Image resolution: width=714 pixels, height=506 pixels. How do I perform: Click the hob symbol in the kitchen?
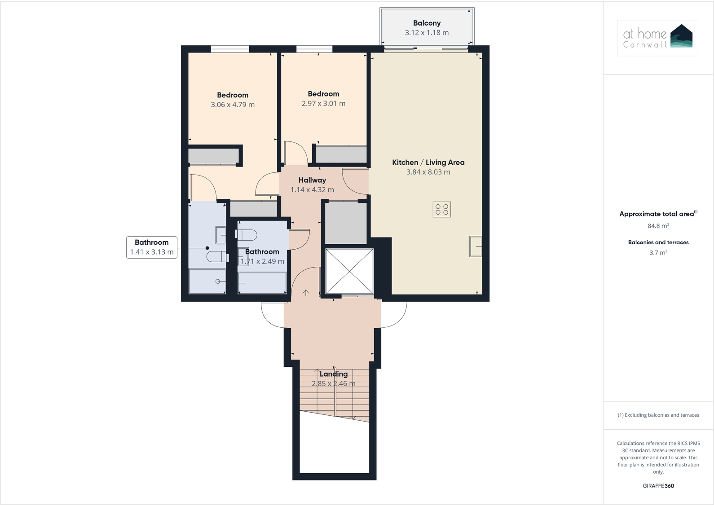pyautogui.click(x=441, y=210)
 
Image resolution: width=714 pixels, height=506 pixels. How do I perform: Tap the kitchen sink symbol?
pyautogui.click(x=476, y=246)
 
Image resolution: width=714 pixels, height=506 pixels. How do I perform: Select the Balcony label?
pyautogui.click(x=427, y=23)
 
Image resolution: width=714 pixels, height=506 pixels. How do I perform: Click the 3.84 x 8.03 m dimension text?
pyautogui.click(x=428, y=172)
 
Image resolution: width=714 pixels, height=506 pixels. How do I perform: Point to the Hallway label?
pyautogui.click(x=312, y=180)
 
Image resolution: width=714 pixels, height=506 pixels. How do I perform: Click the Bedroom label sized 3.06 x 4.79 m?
pyautogui.click(x=233, y=95)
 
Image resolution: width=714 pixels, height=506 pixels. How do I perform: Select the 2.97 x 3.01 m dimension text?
pyautogui.click(x=323, y=103)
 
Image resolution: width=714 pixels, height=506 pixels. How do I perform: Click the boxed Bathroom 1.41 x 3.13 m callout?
pyautogui.click(x=152, y=247)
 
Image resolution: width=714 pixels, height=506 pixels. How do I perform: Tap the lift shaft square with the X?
pyautogui.click(x=349, y=271)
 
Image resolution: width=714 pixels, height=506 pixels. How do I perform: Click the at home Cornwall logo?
pyautogui.click(x=657, y=38)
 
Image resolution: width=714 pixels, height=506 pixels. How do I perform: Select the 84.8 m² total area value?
pyautogui.click(x=658, y=226)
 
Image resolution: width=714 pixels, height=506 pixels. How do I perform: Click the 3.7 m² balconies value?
pyautogui.click(x=658, y=253)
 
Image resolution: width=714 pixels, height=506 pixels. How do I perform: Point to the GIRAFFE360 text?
pyautogui.click(x=658, y=486)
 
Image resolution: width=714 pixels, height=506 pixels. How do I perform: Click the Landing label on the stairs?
pyautogui.click(x=333, y=374)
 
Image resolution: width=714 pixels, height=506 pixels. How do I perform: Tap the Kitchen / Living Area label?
pyautogui.click(x=428, y=163)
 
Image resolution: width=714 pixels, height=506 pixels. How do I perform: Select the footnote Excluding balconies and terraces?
pyautogui.click(x=658, y=415)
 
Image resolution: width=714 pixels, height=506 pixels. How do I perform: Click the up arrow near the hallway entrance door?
pyautogui.click(x=306, y=293)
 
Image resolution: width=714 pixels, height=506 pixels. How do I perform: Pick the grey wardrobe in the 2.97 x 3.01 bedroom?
pyautogui.click(x=341, y=154)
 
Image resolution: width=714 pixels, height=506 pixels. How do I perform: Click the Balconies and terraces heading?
pyautogui.click(x=658, y=242)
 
